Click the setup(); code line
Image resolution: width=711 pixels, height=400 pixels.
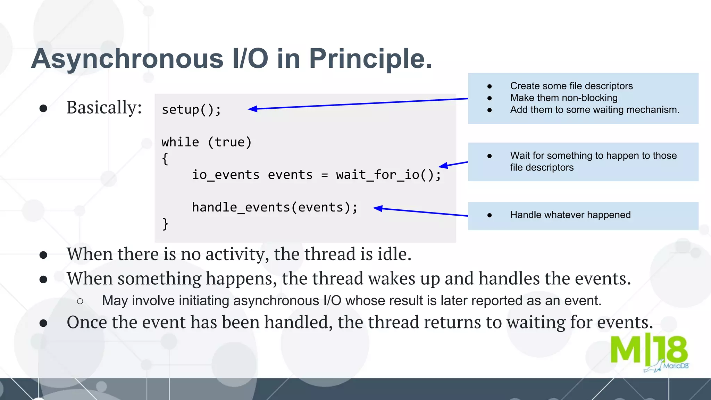click(191, 110)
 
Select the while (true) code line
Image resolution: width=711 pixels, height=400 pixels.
click(207, 142)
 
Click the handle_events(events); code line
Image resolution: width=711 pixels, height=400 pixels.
click(275, 207)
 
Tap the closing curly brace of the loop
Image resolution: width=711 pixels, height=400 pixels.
click(165, 224)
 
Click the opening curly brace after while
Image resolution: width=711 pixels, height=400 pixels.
click(165, 159)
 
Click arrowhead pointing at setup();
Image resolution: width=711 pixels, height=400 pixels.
click(252, 109)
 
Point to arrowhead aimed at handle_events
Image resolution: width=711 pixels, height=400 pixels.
click(378, 208)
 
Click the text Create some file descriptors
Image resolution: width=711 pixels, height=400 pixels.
click(571, 86)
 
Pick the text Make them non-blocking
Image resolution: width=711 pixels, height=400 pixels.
click(563, 98)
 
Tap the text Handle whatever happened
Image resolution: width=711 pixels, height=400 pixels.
click(570, 215)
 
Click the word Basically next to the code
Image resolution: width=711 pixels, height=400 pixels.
click(104, 107)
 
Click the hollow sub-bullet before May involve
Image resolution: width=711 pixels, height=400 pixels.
click(80, 301)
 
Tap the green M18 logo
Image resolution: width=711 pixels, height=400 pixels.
click(649, 350)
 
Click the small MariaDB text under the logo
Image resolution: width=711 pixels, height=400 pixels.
click(675, 366)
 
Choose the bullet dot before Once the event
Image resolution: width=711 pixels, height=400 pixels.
click(43, 323)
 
